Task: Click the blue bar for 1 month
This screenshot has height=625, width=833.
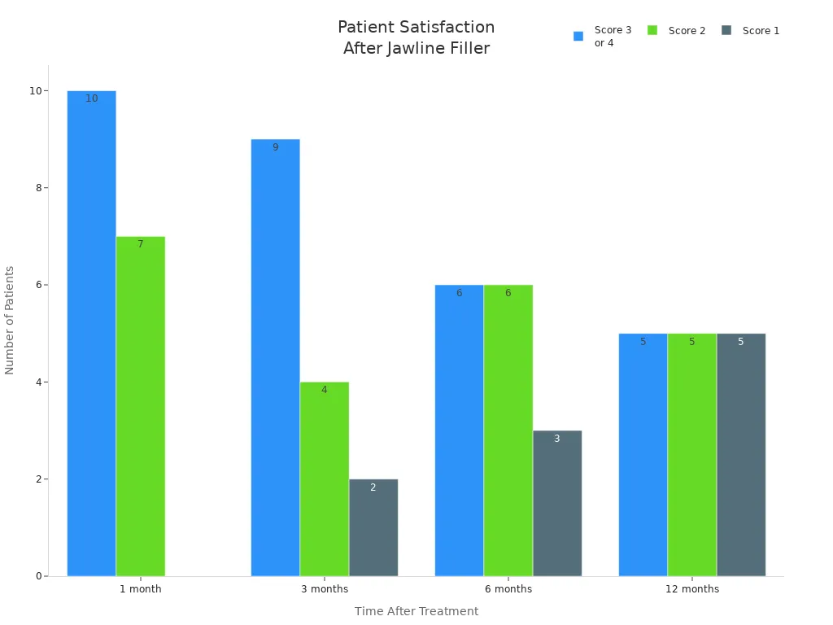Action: (x=91, y=334)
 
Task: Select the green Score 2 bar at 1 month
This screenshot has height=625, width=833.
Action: (x=140, y=406)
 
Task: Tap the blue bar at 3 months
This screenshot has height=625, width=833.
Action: (x=275, y=358)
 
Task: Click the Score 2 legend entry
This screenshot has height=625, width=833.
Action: (x=677, y=31)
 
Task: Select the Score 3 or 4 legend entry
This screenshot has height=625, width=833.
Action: (x=603, y=37)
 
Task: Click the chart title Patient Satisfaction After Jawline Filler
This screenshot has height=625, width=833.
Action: (x=416, y=38)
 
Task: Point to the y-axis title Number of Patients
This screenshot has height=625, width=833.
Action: (x=10, y=320)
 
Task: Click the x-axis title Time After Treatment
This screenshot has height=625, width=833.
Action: (x=416, y=611)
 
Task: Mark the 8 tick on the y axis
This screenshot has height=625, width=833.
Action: (x=36, y=188)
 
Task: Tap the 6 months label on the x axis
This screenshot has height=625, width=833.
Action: (x=508, y=589)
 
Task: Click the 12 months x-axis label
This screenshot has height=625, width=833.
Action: (x=691, y=589)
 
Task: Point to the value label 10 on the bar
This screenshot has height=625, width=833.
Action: (x=91, y=98)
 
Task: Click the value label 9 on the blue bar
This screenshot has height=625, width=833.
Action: (x=275, y=147)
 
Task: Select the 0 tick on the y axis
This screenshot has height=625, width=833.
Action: (x=37, y=576)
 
